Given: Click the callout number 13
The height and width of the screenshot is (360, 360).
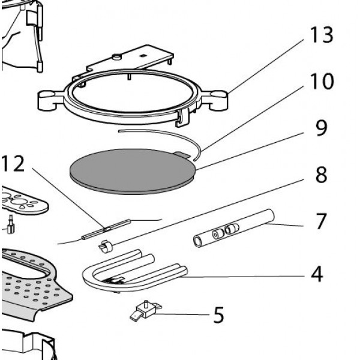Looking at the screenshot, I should coord(322,37).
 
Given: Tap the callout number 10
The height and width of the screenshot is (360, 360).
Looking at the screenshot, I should coord(322,82).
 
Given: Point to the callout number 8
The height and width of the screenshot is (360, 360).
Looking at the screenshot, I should coord(322,175).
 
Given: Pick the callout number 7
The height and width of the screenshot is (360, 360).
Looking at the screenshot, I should coord(322,221).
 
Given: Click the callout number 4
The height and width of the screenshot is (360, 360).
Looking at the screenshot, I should coord(316,275).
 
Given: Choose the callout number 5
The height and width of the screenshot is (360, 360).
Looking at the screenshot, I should coord(218,314).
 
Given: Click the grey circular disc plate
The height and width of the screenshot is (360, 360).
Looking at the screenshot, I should coord(132,171).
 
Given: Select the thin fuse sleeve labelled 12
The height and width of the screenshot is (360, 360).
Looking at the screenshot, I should coord(106,229).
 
